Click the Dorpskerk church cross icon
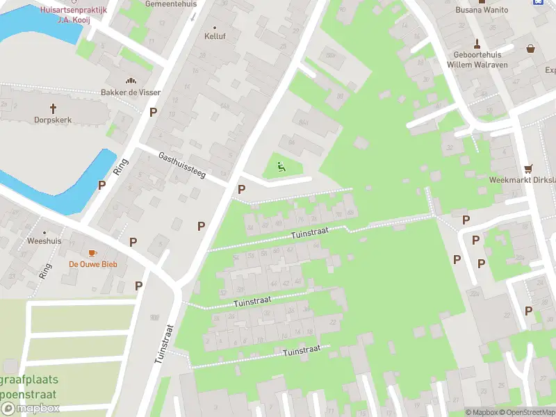click(54, 108)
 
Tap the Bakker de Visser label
click(131, 92)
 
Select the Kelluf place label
click(215, 36)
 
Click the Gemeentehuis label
click(171, 3)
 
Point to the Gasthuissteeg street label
click(181, 166)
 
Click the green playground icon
click(281, 166)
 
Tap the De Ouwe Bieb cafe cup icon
click(92, 253)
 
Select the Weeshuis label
click(44, 241)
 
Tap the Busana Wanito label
click(482, 10)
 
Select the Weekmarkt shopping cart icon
click(529, 168)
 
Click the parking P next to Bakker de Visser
click(153, 112)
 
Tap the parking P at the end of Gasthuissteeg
click(241, 189)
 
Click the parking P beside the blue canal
click(102, 185)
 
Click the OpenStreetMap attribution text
click(531, 412)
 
